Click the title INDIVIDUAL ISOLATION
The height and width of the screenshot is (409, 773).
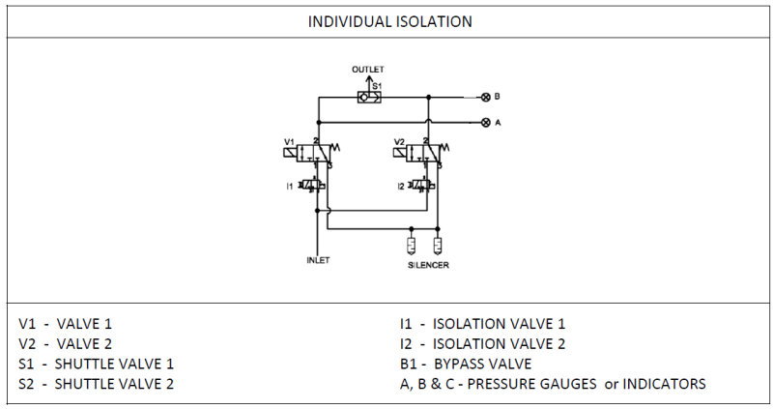(x=386, y=18)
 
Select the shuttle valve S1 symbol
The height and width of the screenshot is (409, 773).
(x=367, y=97)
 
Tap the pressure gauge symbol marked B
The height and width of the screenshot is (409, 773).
(x=485, y=97)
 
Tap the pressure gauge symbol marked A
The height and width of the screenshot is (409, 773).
(x=485, y=123)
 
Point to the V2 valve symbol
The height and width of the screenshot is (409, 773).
(x=425, y=153)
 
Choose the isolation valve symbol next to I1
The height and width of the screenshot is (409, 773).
(x=312, y=185)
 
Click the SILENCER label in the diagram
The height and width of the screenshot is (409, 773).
(x=426, y=263)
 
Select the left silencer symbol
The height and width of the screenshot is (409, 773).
(x=413, y=246)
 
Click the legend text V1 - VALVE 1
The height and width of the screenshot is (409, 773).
(x=72, y=324)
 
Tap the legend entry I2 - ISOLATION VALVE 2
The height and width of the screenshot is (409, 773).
(x=483, y=343)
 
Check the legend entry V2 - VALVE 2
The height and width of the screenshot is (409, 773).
(x=72, y=343)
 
